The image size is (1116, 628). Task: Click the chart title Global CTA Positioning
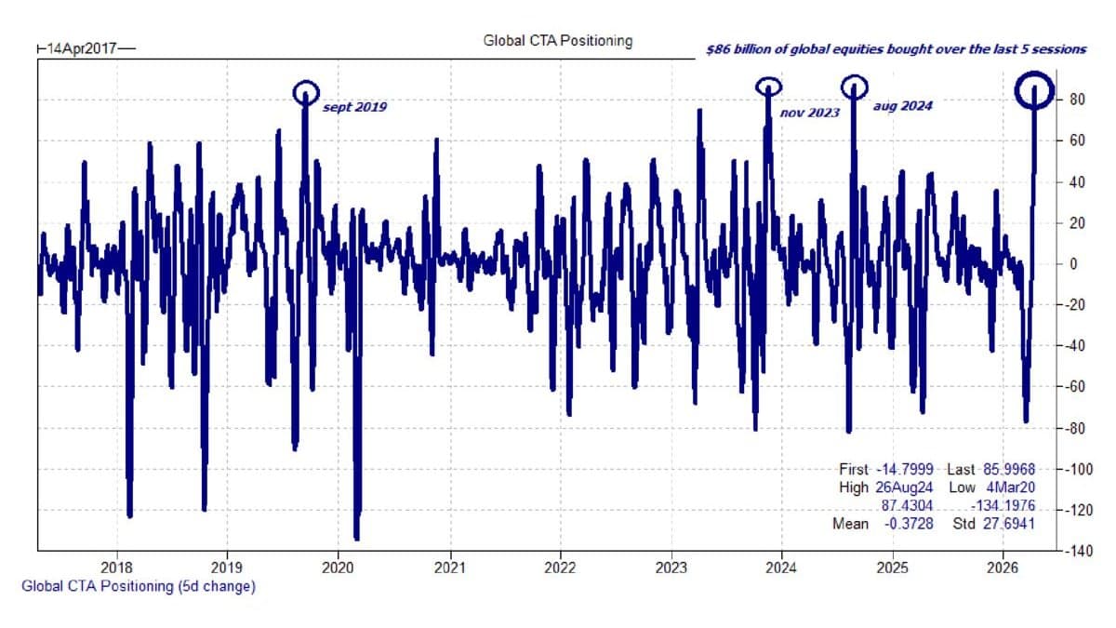(x=557, y=41)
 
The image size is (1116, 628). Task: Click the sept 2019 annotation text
(x=354, y=107)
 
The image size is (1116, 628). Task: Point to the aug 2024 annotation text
(x=902, y=106)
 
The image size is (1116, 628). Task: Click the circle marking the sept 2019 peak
(x=305, y=92)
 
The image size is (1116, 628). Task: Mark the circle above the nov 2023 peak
(x=767, y=87)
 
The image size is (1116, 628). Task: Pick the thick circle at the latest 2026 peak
(x=1032, y=91)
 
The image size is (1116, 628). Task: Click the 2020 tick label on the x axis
(x=338, y=566)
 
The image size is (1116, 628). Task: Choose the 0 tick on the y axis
(x=1073, y=264)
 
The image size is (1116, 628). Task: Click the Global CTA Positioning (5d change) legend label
(x=138, y=586)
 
